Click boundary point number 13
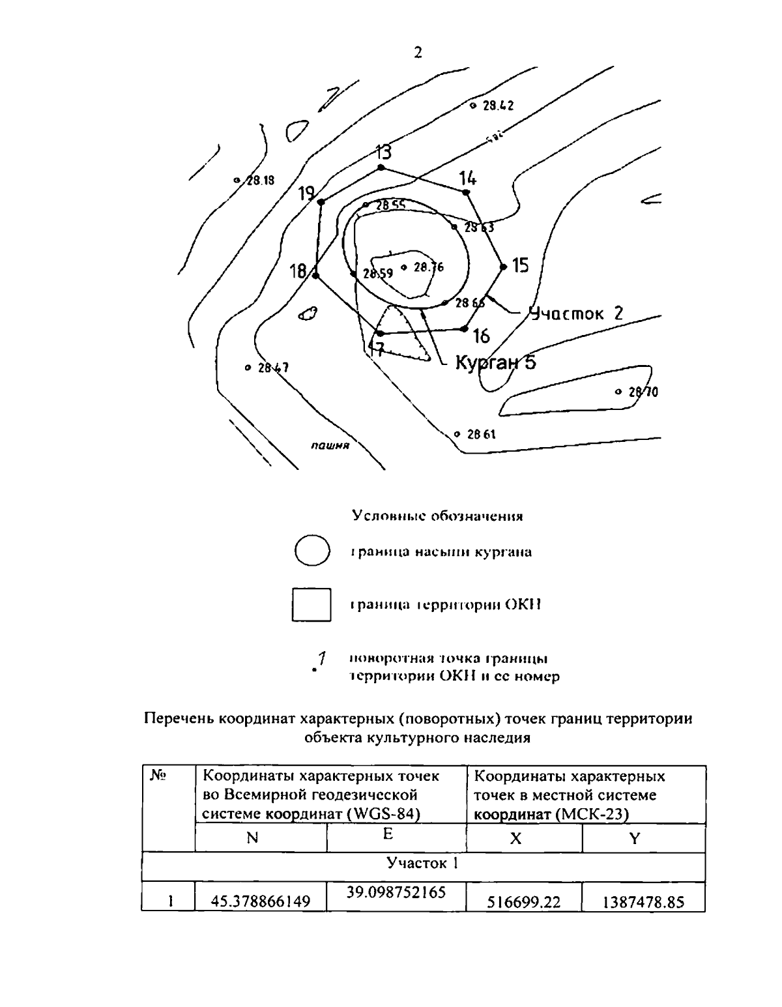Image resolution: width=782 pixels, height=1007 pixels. (x=384, y=153)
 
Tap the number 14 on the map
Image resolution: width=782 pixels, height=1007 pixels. (x=467, y=178)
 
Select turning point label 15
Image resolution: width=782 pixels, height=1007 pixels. (x=521, y=265)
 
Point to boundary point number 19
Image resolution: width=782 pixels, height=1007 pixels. (x=307, y=194)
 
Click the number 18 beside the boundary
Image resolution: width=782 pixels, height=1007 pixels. (x=298, y=271)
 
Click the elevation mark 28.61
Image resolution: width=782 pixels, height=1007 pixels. (x=482, y=433)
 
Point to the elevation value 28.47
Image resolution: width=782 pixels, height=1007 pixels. (x=273, y=368)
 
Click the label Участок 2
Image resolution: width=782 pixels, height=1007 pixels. (x=575, y=314)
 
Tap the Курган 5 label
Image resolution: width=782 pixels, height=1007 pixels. (x=495, y=362)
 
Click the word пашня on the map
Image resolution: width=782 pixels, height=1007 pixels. (x=330, y=446)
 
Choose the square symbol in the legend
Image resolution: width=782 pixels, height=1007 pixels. (x=311, y=604)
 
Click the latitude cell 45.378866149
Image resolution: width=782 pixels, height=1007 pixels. (x=260, y=902)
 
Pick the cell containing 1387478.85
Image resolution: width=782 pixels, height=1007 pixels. (x=644, y=902)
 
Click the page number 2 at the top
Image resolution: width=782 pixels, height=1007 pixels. (x=418, y=53)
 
